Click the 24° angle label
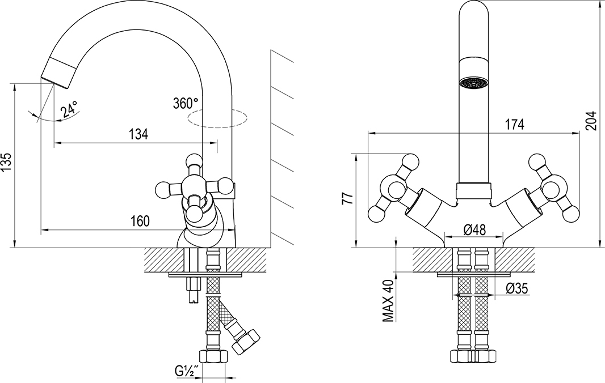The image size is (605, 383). tap(69, 109)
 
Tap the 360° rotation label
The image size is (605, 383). tap(186, 103)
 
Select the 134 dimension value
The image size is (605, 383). tap(138, 134)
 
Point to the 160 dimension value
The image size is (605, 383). tap(139, 221)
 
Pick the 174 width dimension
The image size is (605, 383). tap(515, 125)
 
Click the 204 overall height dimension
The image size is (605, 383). tap(591, 120)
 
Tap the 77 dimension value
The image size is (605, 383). tap(347, 198)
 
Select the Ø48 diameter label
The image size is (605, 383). tap(474, 229)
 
